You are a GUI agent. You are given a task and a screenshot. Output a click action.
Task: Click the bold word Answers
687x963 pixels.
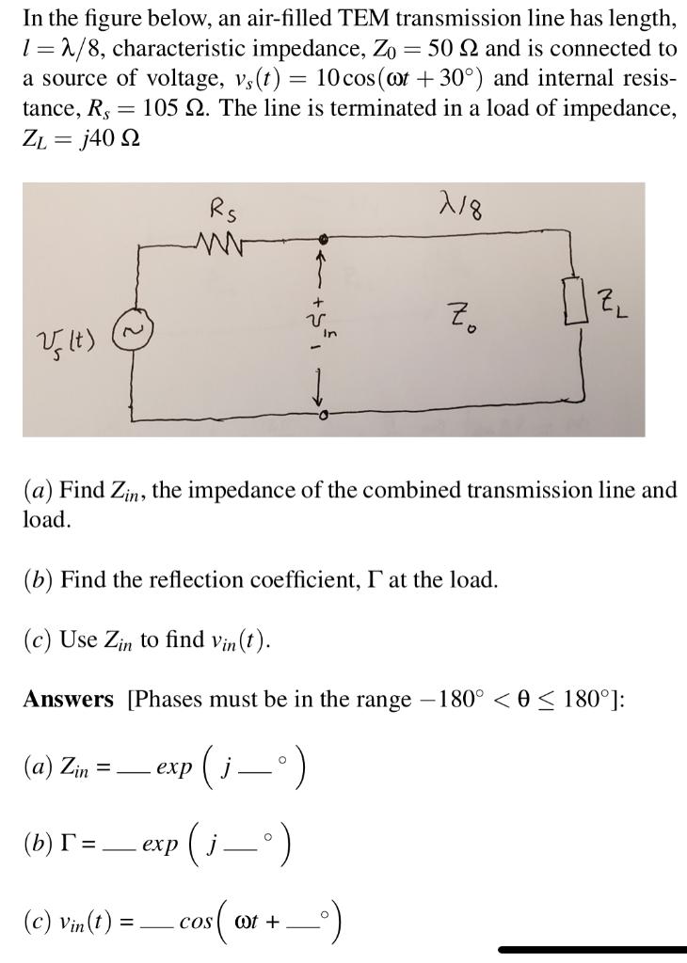68,700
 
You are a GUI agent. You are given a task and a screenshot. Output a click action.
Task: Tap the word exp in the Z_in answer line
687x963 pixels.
175,767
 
